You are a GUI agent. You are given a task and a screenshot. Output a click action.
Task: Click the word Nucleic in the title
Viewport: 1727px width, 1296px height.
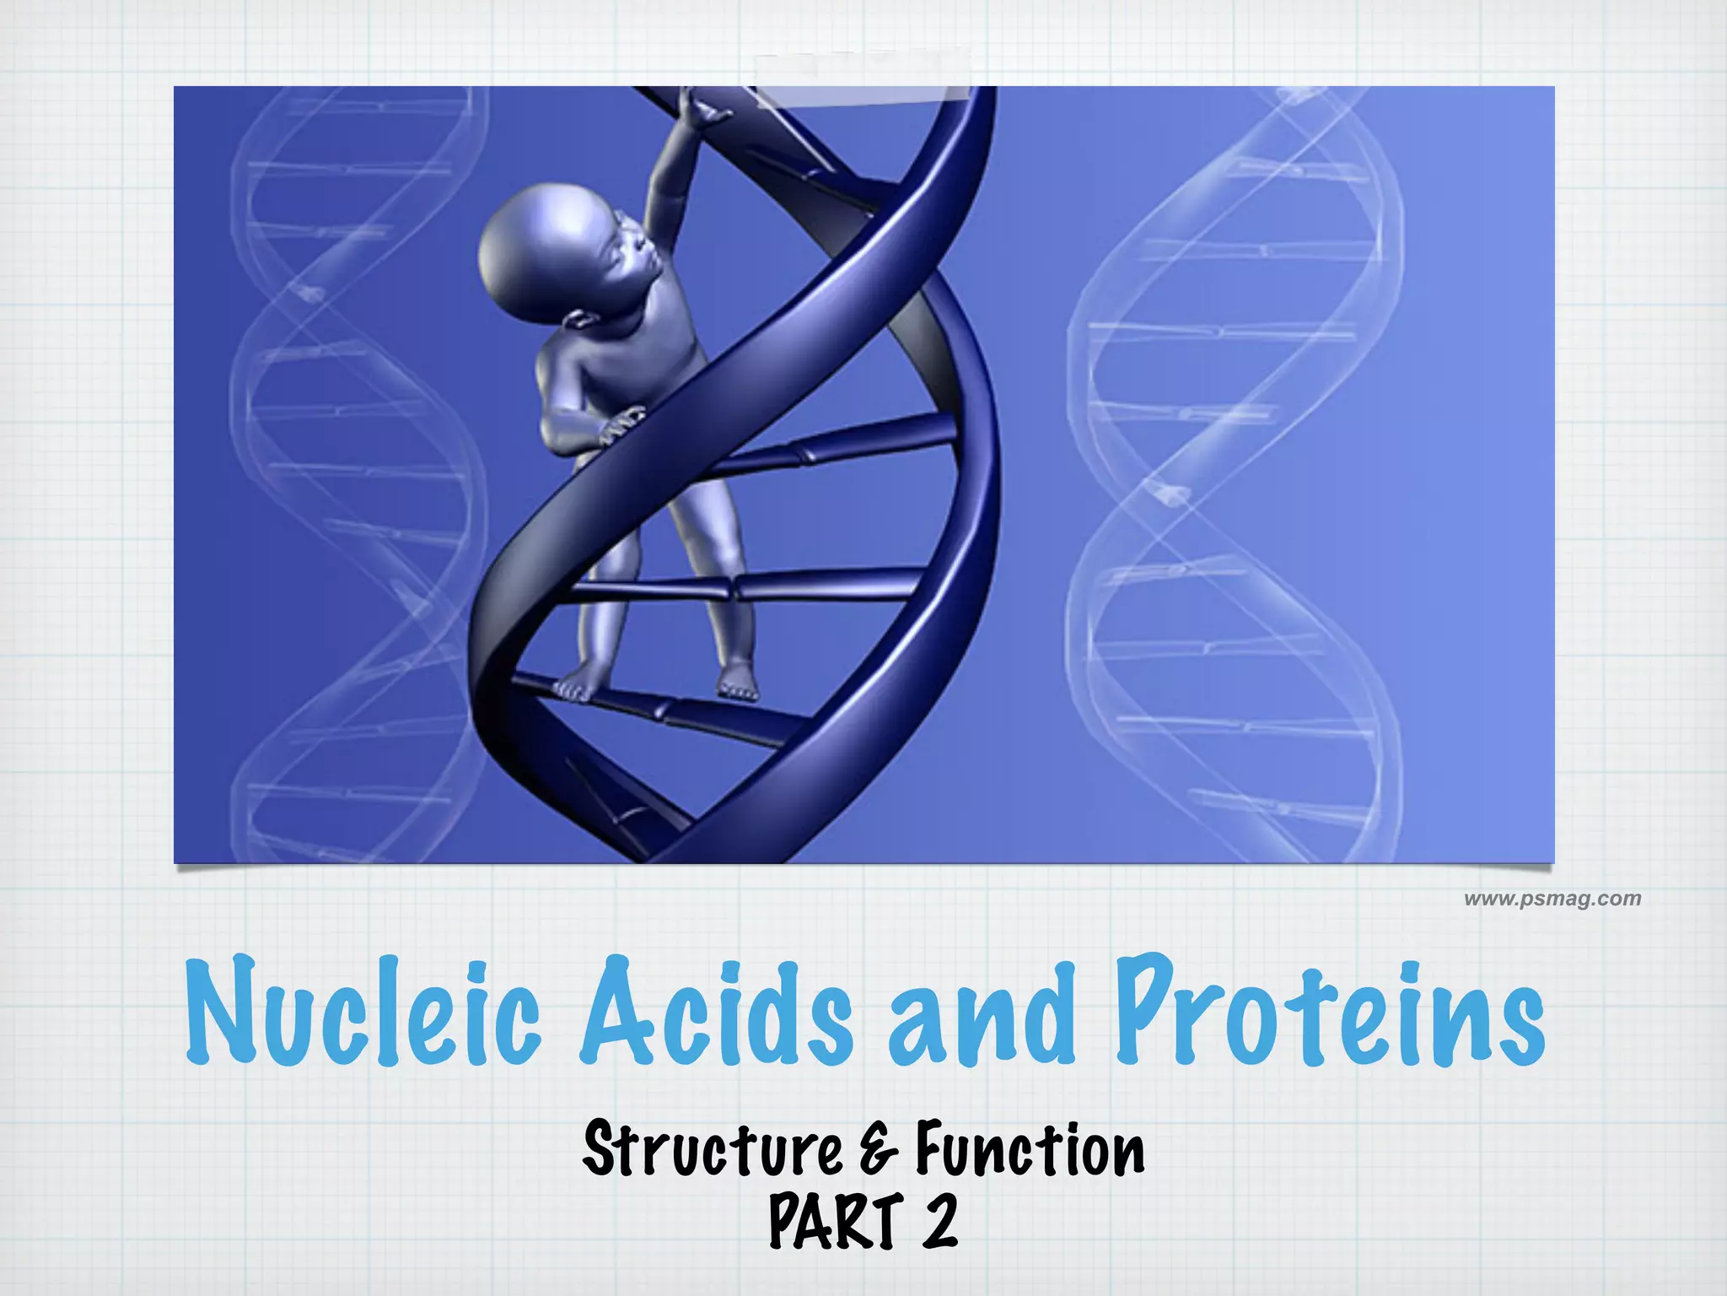363,1012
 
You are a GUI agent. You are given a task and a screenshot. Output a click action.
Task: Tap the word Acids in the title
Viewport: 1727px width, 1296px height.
717,1012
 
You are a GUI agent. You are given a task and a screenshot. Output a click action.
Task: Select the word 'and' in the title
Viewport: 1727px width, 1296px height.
982,1017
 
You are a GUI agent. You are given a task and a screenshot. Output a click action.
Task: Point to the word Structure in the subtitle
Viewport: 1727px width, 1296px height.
713,1149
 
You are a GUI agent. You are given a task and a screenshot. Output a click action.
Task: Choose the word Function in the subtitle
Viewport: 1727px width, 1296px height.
1030,1149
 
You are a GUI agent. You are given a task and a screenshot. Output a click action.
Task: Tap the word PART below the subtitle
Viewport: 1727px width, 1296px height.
835,1221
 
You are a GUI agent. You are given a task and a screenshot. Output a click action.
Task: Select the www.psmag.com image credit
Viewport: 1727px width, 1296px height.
1552,899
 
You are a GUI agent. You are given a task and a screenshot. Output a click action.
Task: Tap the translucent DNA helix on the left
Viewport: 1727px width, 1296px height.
354,472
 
